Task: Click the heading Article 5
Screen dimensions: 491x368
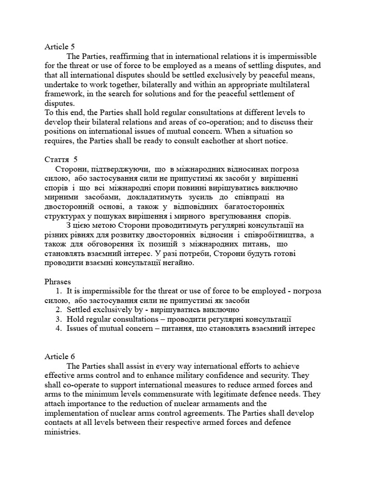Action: [x=59, y=47]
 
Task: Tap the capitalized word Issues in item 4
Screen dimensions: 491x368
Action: [x=77, y=328]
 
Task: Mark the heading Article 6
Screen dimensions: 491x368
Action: [x=59, y=356]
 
